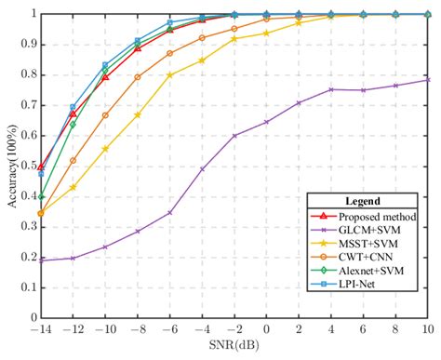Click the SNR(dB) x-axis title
pos(234,349)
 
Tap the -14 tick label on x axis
pos(40,331)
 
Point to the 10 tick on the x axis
pos(427,331)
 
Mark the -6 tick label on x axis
pos(169,331)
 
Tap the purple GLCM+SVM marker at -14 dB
pos(41,261)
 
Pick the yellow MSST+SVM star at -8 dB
pos(138,115)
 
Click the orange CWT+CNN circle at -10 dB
pos(105,115)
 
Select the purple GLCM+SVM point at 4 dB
pos(331,89)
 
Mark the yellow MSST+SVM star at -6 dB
pos(169,74)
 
